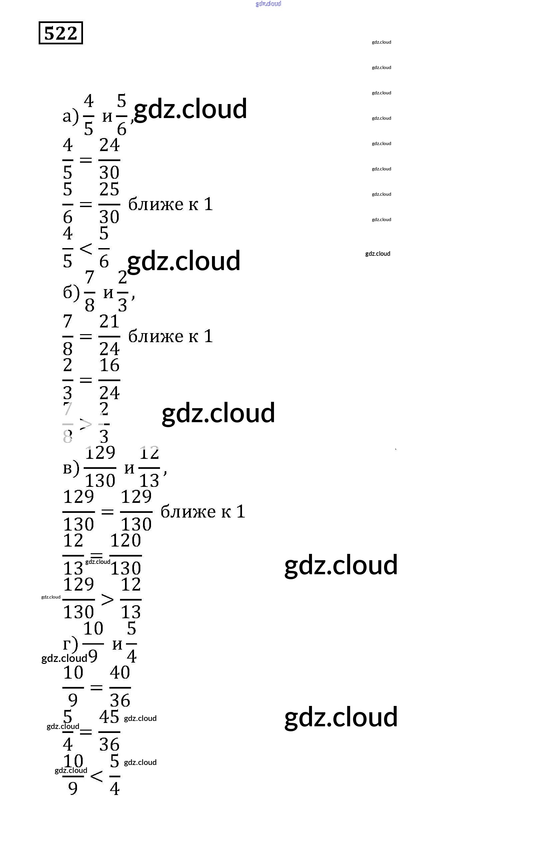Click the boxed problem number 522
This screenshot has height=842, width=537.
click(x=60, y=33)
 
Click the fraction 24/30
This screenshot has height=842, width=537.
click(x=109, y=159)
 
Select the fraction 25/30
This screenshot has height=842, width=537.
click(x=109, y=204)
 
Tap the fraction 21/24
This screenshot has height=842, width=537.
click(x=109, y=336)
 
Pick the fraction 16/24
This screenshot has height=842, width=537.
click(x=109, y=380)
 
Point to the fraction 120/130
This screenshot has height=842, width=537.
click(x=126, y=555)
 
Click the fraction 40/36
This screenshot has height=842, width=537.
click(x=120, y=687)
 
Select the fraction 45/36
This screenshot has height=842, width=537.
click(x=109, y=731)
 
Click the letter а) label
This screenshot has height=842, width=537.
click(x=71, y=116)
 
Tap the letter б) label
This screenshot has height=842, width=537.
click(x=71, y=292)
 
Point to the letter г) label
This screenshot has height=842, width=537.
click(x=71, y=643)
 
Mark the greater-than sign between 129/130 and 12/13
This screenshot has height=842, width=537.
click(x=107, y=599)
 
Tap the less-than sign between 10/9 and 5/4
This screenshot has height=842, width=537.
click(x=96, y=776)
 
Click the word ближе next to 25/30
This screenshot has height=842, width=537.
click(x=156, y=204)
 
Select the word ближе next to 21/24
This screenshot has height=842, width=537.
click(x=156, y=336)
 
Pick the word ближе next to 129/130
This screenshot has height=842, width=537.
click(x=188, y=512)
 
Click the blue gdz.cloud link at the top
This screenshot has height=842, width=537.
click(x=268, y=4)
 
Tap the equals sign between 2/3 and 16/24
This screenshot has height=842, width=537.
click(x=86, y=380)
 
